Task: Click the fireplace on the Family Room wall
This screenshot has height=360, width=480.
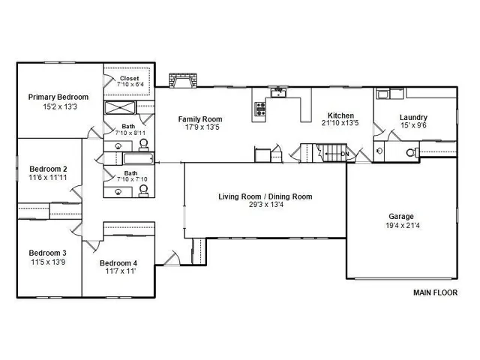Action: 184,79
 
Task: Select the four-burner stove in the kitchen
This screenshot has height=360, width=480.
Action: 260,109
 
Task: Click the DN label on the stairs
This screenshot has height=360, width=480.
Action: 345,154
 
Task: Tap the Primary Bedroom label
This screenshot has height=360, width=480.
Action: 58,97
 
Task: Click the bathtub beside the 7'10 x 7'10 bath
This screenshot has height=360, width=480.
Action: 137,159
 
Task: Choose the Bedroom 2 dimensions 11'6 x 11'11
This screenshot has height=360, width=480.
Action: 49,178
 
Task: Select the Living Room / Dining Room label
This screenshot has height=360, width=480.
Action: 265,196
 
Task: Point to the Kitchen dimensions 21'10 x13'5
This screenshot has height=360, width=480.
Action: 335,123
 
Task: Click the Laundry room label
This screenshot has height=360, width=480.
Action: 413,117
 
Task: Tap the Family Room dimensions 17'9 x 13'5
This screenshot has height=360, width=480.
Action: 199,127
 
